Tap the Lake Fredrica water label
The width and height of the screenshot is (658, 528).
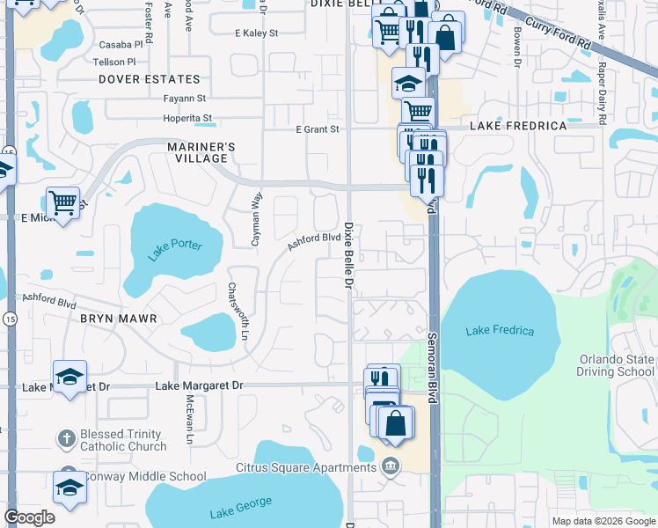click(x=500, y=330)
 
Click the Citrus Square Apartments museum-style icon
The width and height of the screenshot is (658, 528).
click(x=391, y=466)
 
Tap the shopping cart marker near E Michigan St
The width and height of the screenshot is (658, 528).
click(x=62, y=203)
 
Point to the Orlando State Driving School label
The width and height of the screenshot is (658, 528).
click(x=616, y=365)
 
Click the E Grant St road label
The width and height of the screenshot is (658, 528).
click(x=317, y=129)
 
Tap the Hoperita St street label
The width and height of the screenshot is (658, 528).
click(x=187, y=118)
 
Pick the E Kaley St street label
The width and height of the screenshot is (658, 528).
click(x=256, y=33)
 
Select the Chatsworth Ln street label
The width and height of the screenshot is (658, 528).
click(x=234, y=311)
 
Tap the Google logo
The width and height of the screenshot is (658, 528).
click(x=29, y=517)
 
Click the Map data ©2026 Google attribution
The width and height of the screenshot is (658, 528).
click(x=603, y=521)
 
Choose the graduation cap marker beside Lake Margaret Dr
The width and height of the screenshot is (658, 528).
click(x=69, y=377)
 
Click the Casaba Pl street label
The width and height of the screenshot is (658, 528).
click(x=121, y=44)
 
